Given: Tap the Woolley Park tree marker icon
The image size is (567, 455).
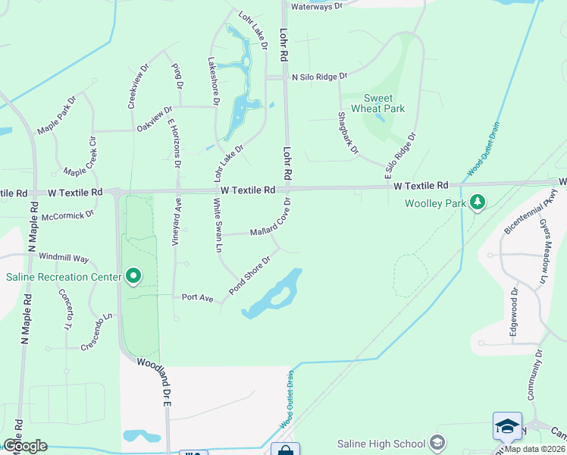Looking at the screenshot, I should click(x=477, y=202).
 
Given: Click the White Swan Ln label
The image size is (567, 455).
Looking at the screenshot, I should click(x=218, y=225).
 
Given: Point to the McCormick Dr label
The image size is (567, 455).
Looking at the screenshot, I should click(x=67, y=215).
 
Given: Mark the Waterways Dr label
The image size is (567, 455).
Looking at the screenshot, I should click(x=317, y=6).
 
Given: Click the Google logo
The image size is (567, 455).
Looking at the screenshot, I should click(x=25, y=446).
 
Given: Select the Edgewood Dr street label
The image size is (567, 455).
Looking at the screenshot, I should click(x=512, y=311).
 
